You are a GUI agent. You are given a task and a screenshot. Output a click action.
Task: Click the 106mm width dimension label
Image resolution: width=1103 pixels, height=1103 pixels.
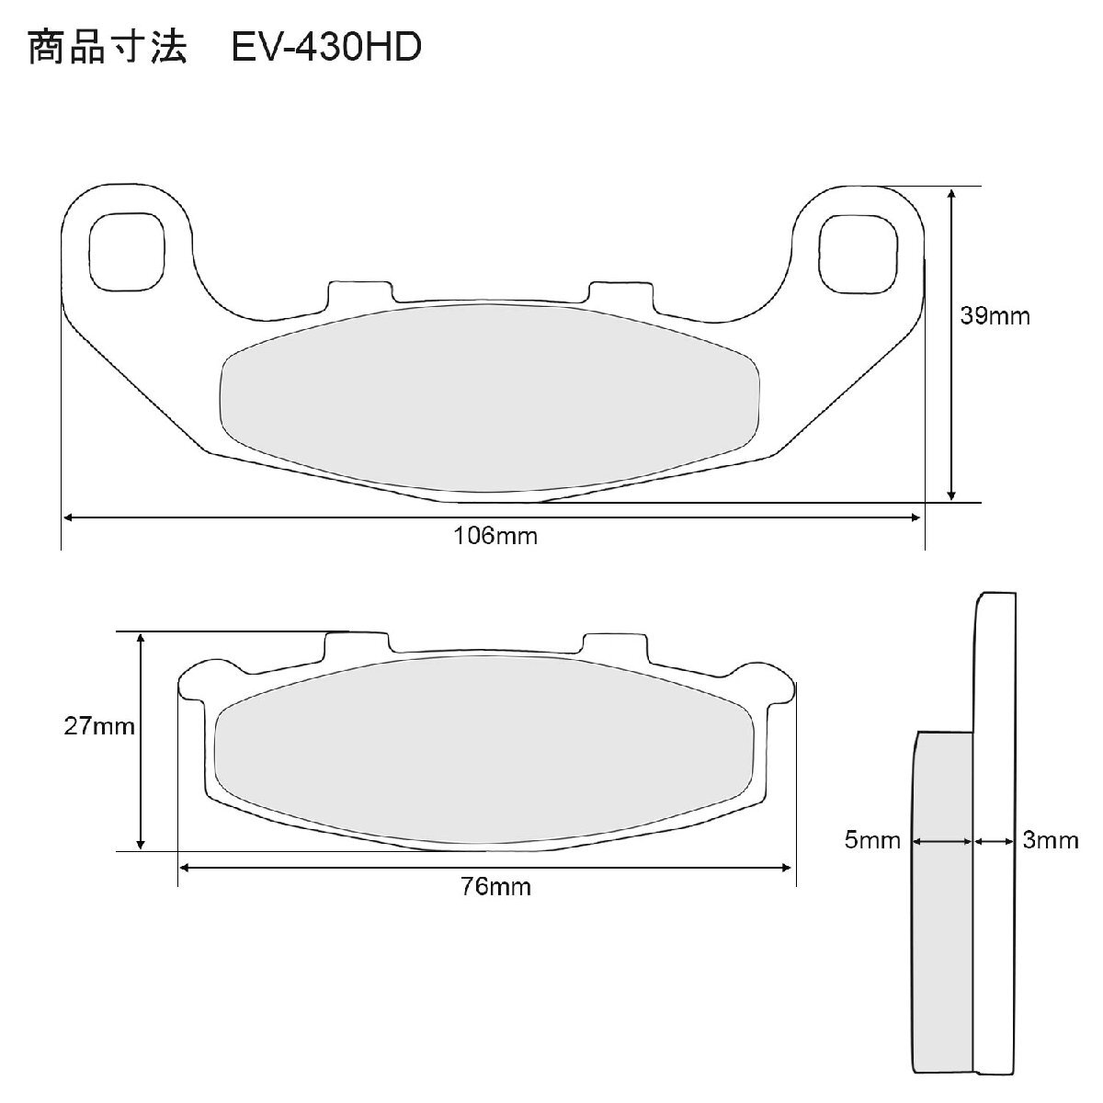pyautogui.click(x=495, y=536)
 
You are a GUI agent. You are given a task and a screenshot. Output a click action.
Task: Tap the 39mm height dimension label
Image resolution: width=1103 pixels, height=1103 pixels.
pyautogui.click(x=995, y=316)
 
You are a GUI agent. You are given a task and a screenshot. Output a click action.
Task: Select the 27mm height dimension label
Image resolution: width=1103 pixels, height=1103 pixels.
pyautogui.click(x=99, y=726)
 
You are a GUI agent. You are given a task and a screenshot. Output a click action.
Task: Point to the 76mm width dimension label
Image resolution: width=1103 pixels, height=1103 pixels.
pyautogui.click(x=495, y=887)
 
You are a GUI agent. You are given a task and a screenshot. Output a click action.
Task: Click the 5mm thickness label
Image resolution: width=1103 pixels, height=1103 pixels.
pyautogui.click(x=872, y=840)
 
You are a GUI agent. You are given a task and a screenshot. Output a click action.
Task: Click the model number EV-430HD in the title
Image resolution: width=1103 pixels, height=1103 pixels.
pyautogui.click(x=326, y=47)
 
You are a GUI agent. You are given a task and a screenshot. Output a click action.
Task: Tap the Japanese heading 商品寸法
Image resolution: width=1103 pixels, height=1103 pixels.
pyautogui.click(x=108, y=47)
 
